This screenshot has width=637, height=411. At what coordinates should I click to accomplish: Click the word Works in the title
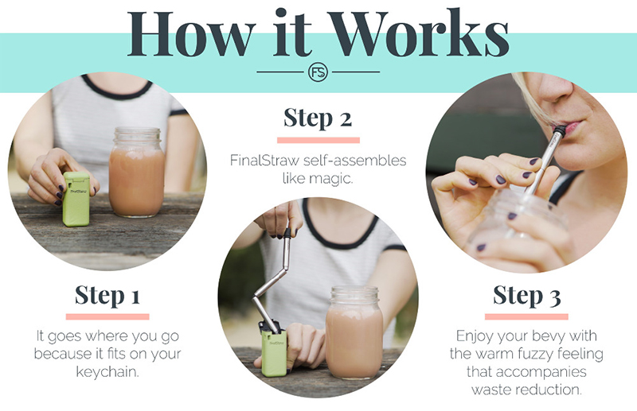point(418,33)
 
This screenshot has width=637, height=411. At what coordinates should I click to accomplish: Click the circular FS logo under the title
point(318,72)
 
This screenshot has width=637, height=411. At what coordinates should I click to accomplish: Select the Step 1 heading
point(107,295)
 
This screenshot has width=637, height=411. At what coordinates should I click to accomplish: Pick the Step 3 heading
point(526,295)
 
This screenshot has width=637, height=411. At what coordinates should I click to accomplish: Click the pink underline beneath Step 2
point(318,141)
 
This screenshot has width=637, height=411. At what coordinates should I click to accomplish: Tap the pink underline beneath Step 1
point(107,316)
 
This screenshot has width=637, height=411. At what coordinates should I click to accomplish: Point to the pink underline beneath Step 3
point(526,316)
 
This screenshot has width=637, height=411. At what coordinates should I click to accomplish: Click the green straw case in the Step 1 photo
point(76,199)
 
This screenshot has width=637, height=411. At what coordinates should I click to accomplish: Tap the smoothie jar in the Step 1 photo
point(136,172)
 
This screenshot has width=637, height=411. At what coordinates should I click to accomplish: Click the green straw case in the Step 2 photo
point(273,351)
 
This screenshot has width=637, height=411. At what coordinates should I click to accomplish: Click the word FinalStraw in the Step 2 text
point(264,161)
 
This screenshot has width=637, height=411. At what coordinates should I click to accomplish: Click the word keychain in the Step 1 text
point(107,371)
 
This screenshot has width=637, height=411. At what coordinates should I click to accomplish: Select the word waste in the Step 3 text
point(489,390)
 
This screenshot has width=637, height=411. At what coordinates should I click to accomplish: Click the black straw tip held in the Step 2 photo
point(287,232)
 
